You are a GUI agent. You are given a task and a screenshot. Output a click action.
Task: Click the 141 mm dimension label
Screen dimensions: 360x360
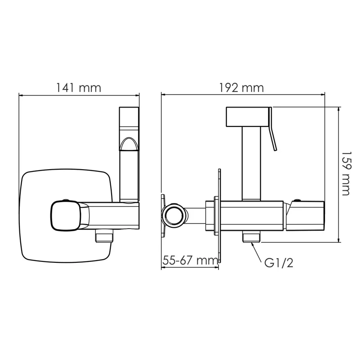pos(79,88)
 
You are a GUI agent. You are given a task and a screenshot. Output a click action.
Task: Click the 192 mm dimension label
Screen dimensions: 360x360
pos(242,88)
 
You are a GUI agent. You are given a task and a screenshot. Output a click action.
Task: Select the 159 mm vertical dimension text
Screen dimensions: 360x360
pos(345,174)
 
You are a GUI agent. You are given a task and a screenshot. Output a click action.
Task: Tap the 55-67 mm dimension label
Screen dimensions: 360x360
pos(189,260)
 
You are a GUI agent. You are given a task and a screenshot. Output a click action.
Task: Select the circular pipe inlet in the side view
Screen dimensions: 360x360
pos(174,215)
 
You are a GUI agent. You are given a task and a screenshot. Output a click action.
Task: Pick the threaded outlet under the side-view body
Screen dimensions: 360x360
pos(250,237)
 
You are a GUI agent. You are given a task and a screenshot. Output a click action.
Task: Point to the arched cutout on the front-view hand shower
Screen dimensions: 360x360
pos(129,143)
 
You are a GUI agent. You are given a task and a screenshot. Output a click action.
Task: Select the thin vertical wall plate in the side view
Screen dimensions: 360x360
pos(219,216)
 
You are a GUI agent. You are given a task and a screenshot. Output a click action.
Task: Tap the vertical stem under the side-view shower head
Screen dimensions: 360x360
pos(251,162)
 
